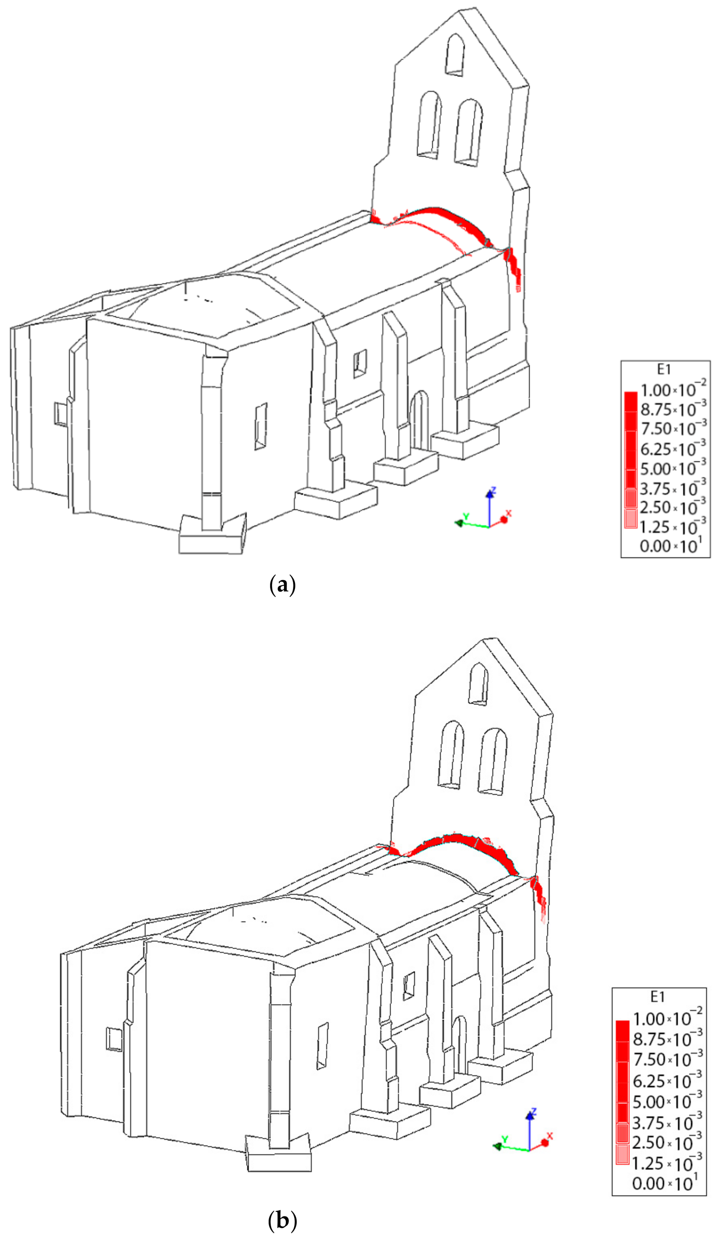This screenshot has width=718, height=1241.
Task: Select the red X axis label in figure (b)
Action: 550,1136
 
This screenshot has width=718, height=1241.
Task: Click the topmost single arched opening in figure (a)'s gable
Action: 454,54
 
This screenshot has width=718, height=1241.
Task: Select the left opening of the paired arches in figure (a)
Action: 429,124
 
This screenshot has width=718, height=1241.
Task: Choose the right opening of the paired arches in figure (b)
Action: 492,761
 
